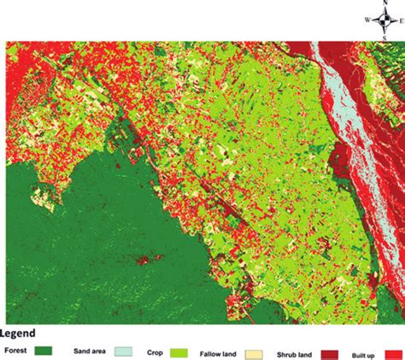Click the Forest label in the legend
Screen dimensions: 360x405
point(16,350)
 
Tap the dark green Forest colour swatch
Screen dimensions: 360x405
point(44,351)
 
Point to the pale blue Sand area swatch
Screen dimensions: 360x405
point(121,351)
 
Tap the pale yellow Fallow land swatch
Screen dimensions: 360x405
point(254,351)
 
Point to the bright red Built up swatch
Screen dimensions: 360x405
point(394,351)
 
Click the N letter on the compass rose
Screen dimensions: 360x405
point(386,3)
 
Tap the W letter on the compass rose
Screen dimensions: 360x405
point(367,19)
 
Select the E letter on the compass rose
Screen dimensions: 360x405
point(403,19)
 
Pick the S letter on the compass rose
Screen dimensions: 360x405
point(386,36)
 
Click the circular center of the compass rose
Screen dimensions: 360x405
point(386,19)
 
